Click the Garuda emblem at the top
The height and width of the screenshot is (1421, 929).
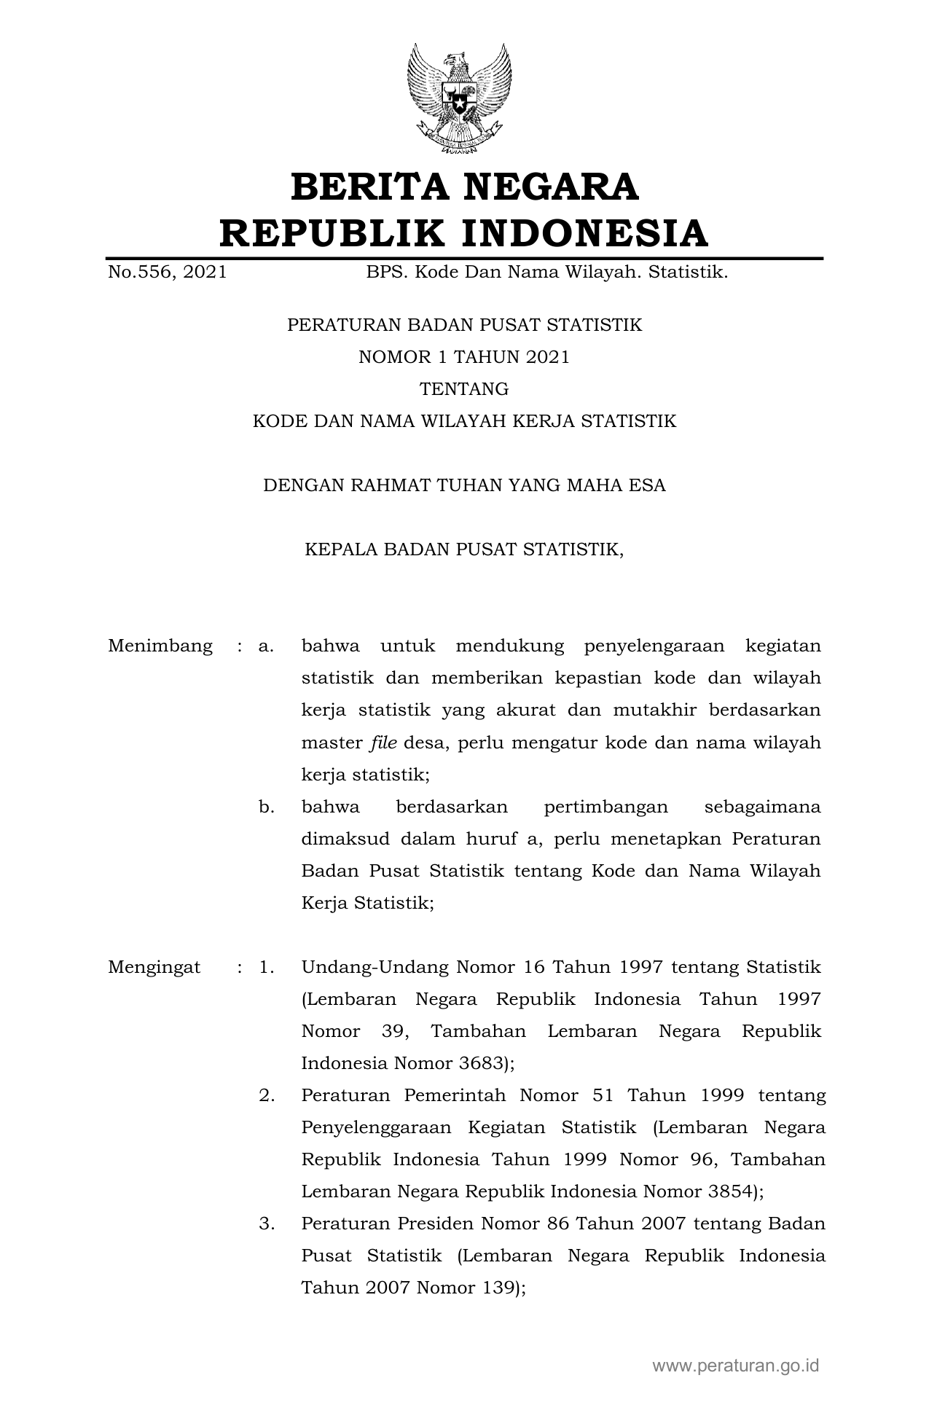(x=459, y=99)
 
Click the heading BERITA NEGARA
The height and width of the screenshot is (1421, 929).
(x=464, y=187)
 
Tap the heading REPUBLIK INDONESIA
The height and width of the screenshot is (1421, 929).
(x=464, y=233)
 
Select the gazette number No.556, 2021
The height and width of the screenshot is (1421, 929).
(x=167, y=273)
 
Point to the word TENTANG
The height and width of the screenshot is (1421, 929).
(x=464, y=389)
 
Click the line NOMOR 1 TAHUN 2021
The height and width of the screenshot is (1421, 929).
(x=464, y=357)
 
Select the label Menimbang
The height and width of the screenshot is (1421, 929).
(x=160, y=646)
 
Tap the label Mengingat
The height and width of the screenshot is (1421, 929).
(x=154, y=967)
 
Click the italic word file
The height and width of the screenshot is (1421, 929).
(x=383, y=743)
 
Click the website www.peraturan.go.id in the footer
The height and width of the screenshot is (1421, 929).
(x=735, y=1365)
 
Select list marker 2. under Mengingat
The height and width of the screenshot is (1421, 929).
(x=267, y=1095)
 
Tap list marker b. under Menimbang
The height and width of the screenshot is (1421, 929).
(x=266, y=807)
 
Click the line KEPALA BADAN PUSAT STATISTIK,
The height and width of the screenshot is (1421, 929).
(x=464, y=549)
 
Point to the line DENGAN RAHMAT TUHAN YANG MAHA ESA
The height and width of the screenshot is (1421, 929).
(x=464, y=485)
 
